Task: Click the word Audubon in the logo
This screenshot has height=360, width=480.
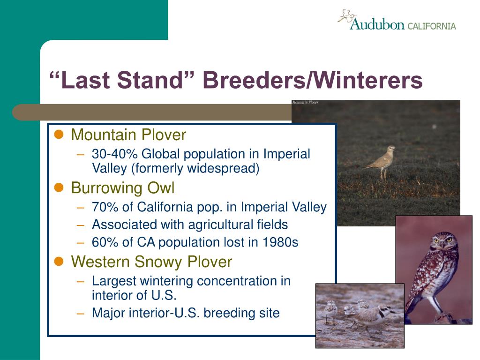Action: tap(377, 24)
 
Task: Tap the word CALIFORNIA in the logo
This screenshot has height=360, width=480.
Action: tap(432, 26)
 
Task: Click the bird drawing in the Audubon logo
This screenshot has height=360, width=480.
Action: tap(347, 16)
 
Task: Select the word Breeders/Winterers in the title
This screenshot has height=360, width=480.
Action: tap(313, 80)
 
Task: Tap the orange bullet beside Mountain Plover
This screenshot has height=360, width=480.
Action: tap(59, 135)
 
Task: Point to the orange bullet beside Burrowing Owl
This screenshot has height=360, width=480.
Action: tap(59, 187)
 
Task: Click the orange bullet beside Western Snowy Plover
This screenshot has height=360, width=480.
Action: tap(59, 262)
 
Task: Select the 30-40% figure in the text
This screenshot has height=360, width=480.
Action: tap(115, 154)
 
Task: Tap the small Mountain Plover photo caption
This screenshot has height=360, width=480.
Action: tap(305, 102)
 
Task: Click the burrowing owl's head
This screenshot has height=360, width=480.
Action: tap(442, 241)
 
